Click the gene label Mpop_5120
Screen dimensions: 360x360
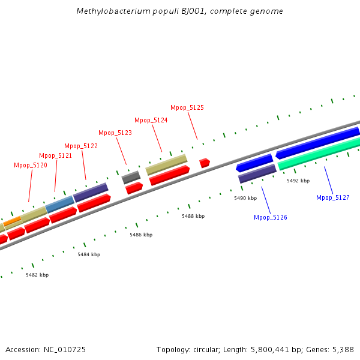pos(31,165)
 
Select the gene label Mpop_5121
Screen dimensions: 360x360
pos(56,155)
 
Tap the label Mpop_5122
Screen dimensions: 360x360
pos(81,146)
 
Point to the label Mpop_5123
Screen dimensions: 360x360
pos(115,133)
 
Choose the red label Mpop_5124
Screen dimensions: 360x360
pos(151,120)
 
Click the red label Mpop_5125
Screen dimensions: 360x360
pos(187,107)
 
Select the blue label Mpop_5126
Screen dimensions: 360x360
pos(271,217)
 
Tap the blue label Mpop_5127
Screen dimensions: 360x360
pos(333,197)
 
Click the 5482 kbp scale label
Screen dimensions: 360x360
pos(37,275)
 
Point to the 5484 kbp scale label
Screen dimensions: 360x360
pos(89,254)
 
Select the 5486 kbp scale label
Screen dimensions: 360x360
pos(141,235)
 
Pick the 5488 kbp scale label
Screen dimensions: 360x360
pos(193,216)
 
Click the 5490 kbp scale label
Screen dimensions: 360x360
pos(245,198)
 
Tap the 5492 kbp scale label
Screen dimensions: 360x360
pos(298,181)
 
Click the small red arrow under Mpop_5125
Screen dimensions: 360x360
pos(205,163)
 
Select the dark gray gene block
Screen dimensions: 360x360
pos(131,178)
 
